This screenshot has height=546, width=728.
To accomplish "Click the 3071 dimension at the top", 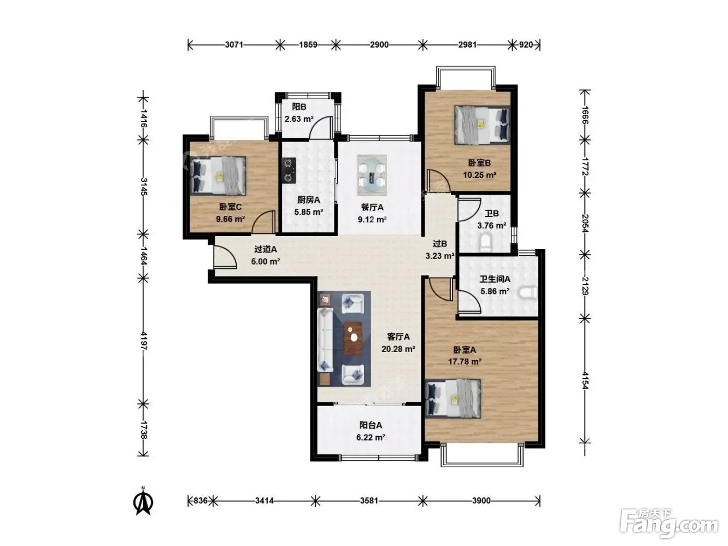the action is pyautogui.click(x=234, y=44).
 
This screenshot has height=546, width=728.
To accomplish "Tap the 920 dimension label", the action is pyautogui.click(x=525, y=44).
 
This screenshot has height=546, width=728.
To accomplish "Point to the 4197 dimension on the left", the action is pyautogui.click(x=144, y=341).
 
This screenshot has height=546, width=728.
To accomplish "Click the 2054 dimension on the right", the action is pyautogui.click(x=584, y=224).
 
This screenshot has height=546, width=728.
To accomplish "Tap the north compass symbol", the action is pyautogui.click(x=143, y=502).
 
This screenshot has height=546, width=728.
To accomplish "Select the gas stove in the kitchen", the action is pyautogui.click(x=289, y=171).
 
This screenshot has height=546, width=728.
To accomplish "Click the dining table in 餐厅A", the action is pyautogui.click(x=372, y=175).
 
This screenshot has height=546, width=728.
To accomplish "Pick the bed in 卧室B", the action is pyautogui.click(x=482, y=125).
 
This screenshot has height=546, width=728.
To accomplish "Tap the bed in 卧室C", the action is pyautogui.click(x=218, y=175).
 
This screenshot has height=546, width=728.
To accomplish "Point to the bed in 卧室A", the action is pyautogui.click(x=453, y=399).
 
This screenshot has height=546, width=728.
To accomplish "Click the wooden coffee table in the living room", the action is pyautogui.click(x=353, y=338).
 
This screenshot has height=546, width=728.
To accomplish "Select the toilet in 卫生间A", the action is pyautogui.click(x=527, y=293).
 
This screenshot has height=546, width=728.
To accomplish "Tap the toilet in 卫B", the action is pyautogui.click(x=486, y=243).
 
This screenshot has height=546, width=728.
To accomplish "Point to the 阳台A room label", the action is pyautogui.click(x=371, y=425).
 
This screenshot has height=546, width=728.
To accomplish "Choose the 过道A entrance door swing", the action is pyautogui.click(x=225, y=257).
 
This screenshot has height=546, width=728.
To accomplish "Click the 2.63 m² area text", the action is pyautogui.click(x=299, y=119).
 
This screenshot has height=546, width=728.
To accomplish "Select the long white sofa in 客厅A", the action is pyautogui.click(x=325, y=340).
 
